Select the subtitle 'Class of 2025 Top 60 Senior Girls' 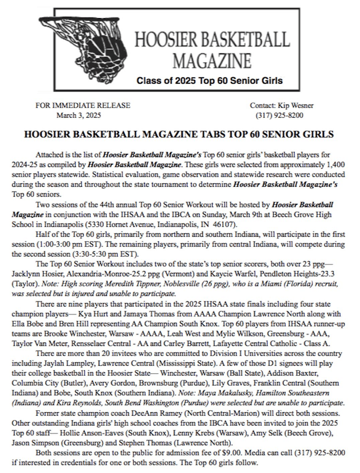tap(209, 81)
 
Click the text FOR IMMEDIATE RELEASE tap(83, 106)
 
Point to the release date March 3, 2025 tap(76, 115)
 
